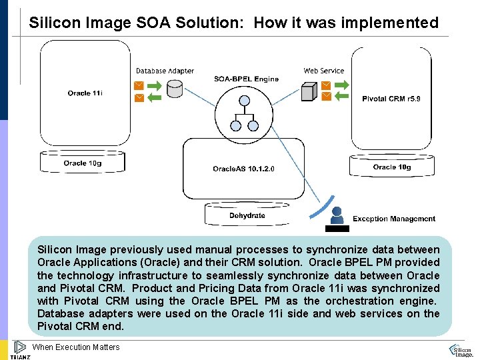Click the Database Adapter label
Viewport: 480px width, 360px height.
[165, 71]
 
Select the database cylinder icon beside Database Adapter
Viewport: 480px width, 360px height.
[175, 89]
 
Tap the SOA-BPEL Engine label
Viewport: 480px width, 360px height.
[246, 79]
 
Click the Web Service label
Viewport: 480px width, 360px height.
[324, 71]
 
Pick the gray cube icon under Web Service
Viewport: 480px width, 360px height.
[308, 92]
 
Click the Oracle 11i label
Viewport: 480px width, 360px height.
[85, 93]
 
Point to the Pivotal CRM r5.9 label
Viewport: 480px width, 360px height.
[391, 99]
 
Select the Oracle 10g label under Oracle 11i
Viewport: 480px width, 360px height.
[83, 163]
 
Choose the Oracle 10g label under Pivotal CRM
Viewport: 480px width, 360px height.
[392, 167]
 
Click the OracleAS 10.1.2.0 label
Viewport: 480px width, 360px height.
[243, 169]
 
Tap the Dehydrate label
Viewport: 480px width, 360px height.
[247, 215]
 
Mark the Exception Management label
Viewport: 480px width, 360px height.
[394, 219]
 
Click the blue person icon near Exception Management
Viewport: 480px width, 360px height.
[337, 215]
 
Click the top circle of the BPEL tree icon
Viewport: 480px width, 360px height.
[244, 102]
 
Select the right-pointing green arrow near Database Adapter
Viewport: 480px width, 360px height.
[154, 85]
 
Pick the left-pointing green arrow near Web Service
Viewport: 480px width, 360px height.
[342, 96]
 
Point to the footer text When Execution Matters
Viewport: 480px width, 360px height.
[76, 347]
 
